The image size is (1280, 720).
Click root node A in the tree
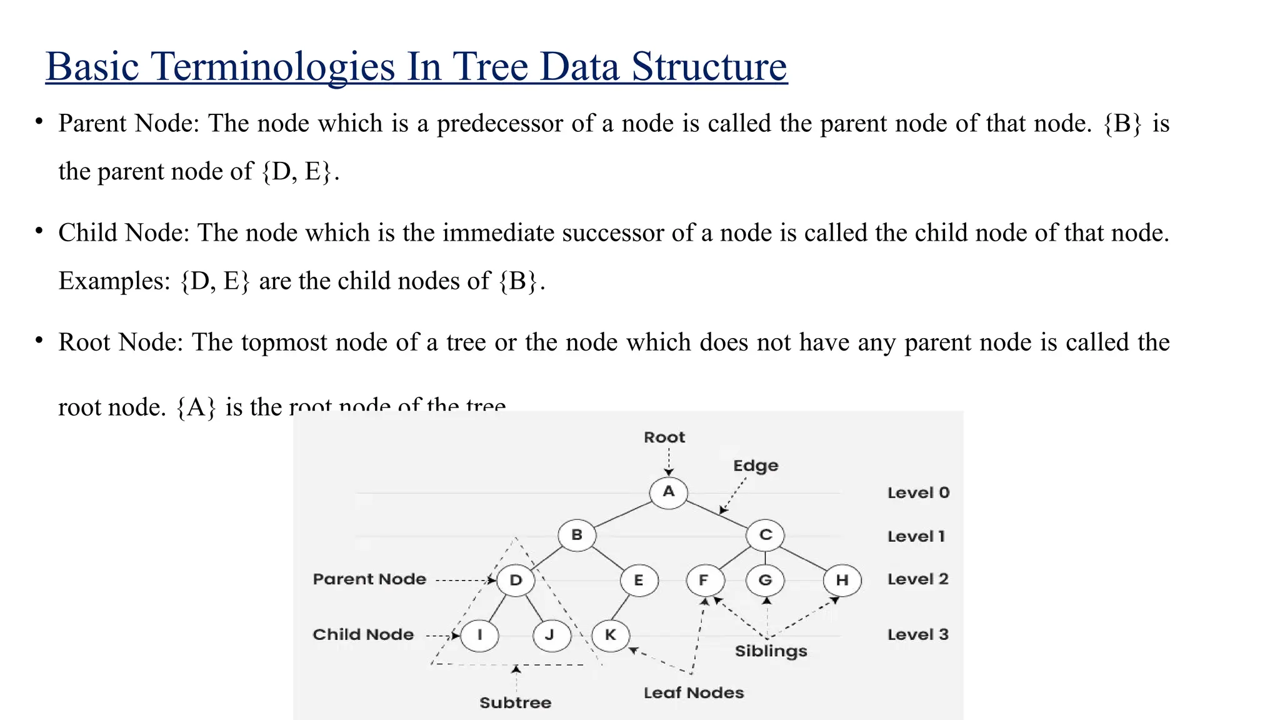(x=668, y=492)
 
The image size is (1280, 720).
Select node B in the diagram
(x=576, y=535)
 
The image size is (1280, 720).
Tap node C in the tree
(x=765, y=535)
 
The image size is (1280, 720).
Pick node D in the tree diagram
(x=516, y=580)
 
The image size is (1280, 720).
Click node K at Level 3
(x=611, y=635)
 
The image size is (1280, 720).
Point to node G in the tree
(x=765, y=580)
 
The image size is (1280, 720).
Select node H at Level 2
(x=842, y=580)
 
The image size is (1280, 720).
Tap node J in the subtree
(x=550, y=635)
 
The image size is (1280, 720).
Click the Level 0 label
(x=917, y=492)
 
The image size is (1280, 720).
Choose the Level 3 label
(x=917, y=634)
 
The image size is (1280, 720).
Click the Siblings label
(x=771, y=651)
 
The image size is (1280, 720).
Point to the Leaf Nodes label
(x=694, y=692)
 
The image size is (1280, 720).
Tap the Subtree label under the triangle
(x=515, y=702)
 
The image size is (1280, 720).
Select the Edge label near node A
(x=755, y=466)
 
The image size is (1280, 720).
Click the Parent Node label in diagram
(x=369, y=579)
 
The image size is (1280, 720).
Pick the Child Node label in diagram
(x=363, y=634)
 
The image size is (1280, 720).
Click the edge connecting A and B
(x=622, y=514)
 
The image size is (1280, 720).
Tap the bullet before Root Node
(x=39, y=341)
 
